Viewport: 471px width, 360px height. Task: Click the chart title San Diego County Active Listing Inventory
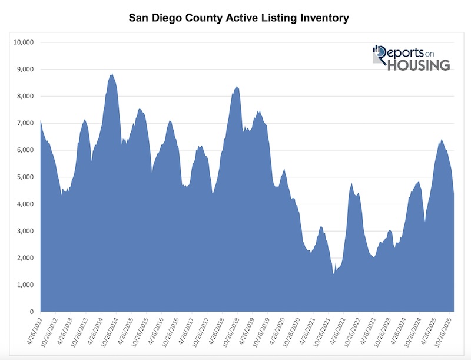(x=239, y=18)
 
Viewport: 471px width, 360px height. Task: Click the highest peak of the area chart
(x=112, y=74)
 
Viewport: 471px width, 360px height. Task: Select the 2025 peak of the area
(x=442, y=140)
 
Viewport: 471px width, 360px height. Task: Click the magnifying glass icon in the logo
(x=380, y=56)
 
